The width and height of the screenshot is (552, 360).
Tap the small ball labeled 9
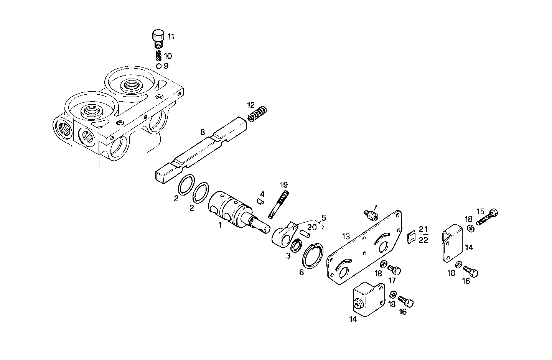[x=158, y=66]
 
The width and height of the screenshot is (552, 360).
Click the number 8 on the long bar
[x=202, y=133]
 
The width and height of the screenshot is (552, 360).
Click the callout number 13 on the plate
[x=346, y=237]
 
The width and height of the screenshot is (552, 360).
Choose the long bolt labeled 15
[x=488, y=217]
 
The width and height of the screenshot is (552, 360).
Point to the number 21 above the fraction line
[x=423, y=230]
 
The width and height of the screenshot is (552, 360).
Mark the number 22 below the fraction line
[x=423, y=240]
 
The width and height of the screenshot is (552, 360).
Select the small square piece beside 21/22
[x=411, y=237]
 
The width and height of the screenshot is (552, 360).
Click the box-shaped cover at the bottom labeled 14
[x=368, y=299]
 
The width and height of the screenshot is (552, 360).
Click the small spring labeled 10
[x=158, y=56]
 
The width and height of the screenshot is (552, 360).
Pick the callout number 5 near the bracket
[x=323, y=218]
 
